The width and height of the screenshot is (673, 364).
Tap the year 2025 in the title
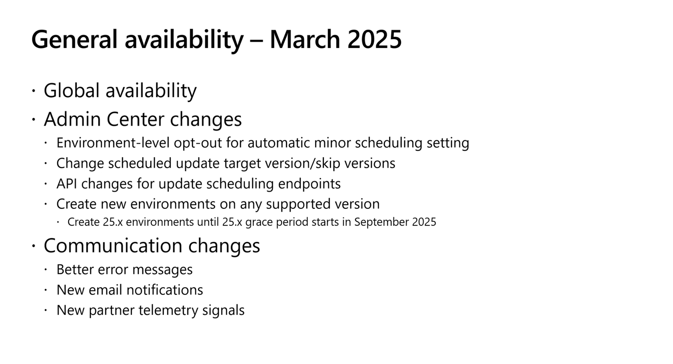[x=374, y=39]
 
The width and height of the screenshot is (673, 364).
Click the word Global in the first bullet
[x=72, y=91]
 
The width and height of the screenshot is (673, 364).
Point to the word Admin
[x=72, y=119]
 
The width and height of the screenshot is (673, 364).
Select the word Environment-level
[x=112, y=143]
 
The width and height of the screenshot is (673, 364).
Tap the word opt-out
[x=198, y=143]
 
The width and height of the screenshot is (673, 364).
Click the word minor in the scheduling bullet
[x=332, y=143]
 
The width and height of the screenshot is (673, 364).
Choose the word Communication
[x=113, y=246]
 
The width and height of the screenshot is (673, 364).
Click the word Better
[x=75, y=270]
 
